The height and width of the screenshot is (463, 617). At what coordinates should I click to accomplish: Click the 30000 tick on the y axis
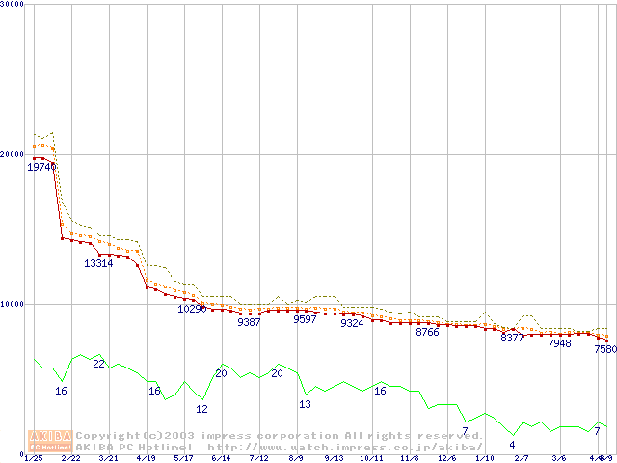coord(12,5)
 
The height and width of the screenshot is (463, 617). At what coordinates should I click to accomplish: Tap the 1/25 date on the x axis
coord(34,458)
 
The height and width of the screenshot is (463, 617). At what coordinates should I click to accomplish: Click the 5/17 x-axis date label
coord(183,458)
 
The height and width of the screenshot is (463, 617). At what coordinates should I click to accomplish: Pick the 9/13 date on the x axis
coord(334,458)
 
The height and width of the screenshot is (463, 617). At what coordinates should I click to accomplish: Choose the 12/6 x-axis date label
coord(446,458)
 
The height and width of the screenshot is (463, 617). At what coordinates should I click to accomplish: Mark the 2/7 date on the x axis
coord(522,458)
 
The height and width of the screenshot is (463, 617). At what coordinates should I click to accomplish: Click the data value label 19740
coord(41,167)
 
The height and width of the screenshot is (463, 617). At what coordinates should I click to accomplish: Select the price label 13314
coord(98,263)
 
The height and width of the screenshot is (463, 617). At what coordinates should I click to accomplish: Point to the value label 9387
coord(249,322)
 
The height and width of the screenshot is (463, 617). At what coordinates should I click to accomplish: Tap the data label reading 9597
coord(305,319)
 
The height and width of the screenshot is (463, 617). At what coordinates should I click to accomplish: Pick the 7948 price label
coord(559,342)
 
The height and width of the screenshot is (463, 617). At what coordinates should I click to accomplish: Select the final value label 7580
coord(605,349)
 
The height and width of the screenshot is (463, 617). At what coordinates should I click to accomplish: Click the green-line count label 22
coord(98,364)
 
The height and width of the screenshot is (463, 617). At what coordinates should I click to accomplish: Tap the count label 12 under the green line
coord(201,409)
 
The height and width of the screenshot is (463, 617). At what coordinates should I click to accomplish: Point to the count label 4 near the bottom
coord(512,445)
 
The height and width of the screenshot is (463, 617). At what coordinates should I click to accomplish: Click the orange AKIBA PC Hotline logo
coord(49,440)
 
